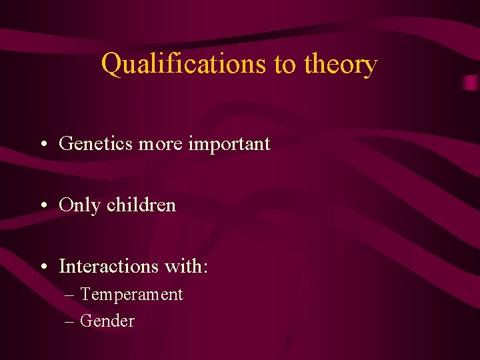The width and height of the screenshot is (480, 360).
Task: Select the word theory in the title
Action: (x=341, y=65)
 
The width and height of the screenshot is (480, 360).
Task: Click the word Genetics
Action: (x=96, y=143)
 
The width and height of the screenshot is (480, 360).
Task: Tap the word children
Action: (x=141, y=205)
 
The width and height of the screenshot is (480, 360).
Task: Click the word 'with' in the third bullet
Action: (x=183, y=267)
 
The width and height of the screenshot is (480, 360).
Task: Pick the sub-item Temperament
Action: (x=131, y=295)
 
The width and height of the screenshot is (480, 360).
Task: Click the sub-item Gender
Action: (x=107, y=321)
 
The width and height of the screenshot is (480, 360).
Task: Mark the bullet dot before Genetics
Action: (x=43, y=145)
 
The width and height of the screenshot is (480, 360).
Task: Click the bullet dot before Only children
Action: (x=43, y=206)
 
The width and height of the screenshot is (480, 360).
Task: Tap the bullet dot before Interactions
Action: (x=43, y=267)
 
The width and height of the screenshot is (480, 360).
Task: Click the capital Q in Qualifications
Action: (x=111, y=65)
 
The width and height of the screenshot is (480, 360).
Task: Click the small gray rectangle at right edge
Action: (x=471, y=83)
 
